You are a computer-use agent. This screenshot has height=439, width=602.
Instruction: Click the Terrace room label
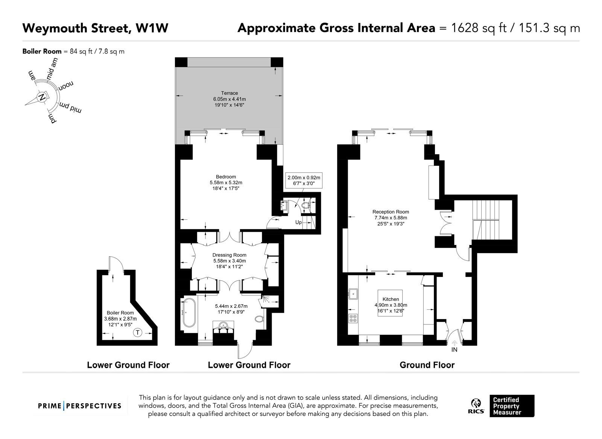point(229,93)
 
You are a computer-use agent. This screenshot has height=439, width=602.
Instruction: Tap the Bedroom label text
point(226,177)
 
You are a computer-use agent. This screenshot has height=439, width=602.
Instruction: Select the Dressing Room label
point(229,255)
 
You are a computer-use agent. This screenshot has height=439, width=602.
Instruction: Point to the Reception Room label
point(391,212)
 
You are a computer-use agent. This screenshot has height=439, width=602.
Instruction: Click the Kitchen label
point(391,299)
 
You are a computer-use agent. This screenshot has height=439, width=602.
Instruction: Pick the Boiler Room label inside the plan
point(120,313)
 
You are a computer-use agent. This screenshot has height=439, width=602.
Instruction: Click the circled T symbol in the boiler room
point(138,332)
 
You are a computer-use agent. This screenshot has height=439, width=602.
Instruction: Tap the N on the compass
point(42,97)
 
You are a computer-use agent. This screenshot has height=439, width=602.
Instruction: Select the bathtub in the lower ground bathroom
point(190,312)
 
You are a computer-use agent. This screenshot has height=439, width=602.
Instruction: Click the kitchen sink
point(353,294)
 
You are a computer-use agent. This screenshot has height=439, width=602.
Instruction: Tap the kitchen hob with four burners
point(353,318)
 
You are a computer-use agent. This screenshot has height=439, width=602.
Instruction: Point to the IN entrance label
point(454,350)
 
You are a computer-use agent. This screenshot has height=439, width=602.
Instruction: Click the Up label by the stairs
point(298,222)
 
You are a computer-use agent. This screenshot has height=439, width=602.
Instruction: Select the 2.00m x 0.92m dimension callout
point(304,180)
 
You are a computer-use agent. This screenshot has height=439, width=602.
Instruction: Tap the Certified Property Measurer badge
point(512,406)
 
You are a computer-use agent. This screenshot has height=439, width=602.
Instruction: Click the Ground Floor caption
point(427,365)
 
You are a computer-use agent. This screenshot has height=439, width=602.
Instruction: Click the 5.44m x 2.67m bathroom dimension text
point(231,309)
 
